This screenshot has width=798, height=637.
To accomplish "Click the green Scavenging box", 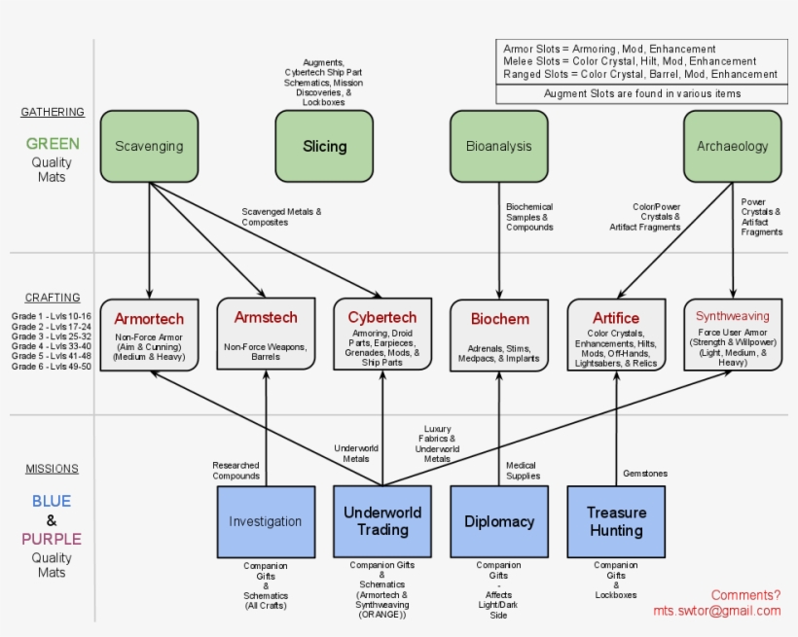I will (x=149, y=146).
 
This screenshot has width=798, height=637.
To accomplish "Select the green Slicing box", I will (x=324, y=146).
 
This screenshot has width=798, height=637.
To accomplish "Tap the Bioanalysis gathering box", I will (x=499, y=146).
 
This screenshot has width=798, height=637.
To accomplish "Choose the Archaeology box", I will (x=732, y=146).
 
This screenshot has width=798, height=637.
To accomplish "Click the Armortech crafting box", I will (x=149, y=335).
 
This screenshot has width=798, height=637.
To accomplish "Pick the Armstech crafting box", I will (x=266, y=335).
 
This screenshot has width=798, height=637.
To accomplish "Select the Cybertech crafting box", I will (x=382, y=335).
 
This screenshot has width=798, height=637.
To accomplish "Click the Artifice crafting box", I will (x=616, y=335).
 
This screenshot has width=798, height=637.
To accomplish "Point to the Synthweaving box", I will (x=732, y=335).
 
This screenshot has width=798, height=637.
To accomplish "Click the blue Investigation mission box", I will (x=266, y=521).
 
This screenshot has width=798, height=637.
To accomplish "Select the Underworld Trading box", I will (x=382, y=521).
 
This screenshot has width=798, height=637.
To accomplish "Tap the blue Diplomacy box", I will (x=499, y=521).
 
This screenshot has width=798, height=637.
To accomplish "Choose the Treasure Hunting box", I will (x=616, y=521).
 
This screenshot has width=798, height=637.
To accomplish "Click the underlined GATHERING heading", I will (x=53, y=112).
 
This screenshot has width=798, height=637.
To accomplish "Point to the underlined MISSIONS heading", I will (x=53, y=469).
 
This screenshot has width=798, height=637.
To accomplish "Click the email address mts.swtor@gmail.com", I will (x=717, y=611).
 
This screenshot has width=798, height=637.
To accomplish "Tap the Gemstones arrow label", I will (x=645, y=474).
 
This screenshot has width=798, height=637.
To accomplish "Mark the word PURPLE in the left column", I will (x=52, y=539).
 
